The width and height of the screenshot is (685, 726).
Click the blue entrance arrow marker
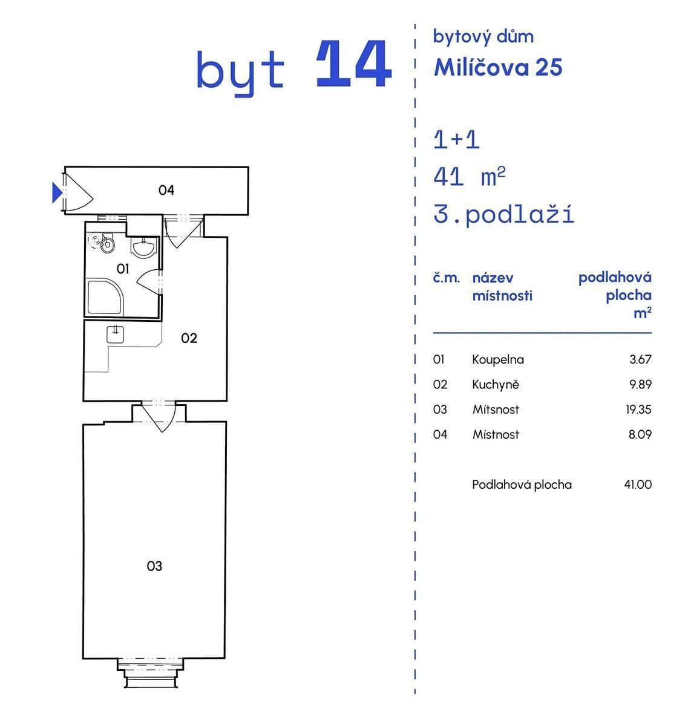[57, 192]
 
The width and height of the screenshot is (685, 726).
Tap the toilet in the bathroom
[107, 243]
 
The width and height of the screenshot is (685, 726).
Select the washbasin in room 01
[144, 248]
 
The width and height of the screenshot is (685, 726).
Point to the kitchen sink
[115, 334]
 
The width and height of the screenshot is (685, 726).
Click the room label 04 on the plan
[166, 190]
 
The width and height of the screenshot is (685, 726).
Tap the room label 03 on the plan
[154, 566]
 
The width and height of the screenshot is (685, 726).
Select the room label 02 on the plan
[189, 338]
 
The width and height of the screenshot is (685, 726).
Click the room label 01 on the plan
[123, 269]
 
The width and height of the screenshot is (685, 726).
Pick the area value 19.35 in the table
[638, 410]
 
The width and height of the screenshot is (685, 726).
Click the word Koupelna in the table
[498, 360]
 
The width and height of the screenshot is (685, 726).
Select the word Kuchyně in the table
[496, 384]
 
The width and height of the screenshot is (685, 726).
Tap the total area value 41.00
[638, 485]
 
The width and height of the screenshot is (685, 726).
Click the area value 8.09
[640, 434]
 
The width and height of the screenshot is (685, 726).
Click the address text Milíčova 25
[498, 67]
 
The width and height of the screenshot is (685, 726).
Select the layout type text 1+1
[456, 140]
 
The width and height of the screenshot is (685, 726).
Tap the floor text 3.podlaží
[503, 215]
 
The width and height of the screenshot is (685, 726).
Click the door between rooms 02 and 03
[159, 416]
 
